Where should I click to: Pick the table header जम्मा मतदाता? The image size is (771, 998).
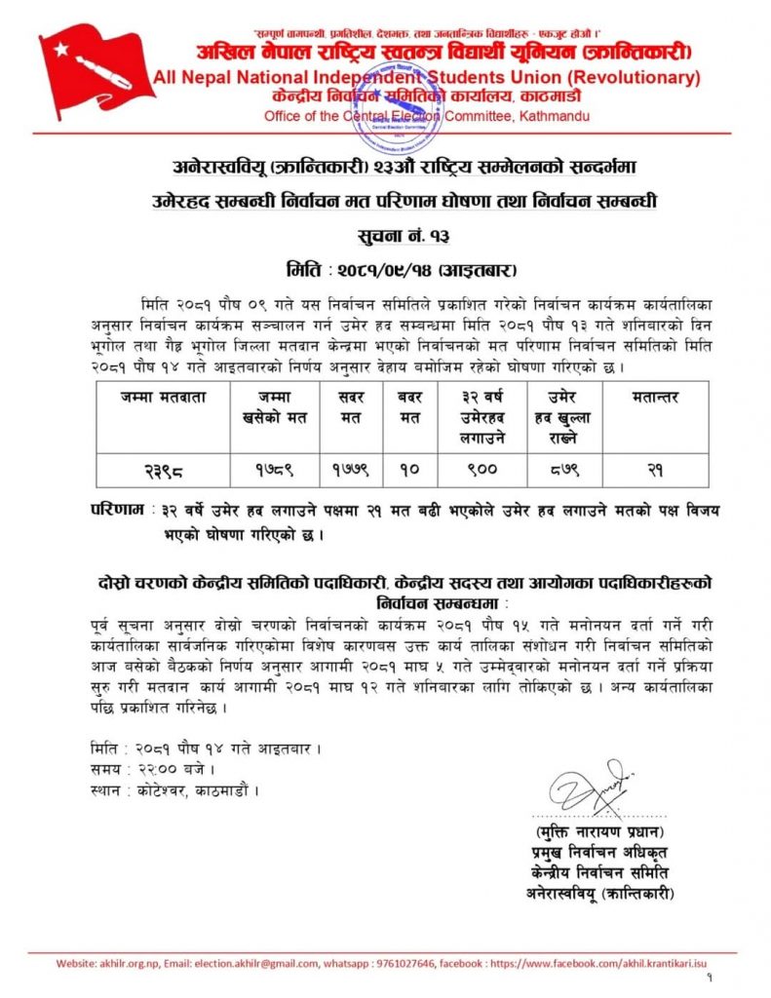pos(162,397)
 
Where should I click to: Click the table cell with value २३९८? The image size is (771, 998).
pos(162,468)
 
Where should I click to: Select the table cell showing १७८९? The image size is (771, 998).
pos(276,468)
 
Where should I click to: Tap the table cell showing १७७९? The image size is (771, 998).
pos(352,468)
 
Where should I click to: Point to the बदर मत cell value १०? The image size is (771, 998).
pos(409,468)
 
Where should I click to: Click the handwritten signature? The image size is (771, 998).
pos(586,786)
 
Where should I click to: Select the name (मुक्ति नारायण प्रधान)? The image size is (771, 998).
pos(598,832)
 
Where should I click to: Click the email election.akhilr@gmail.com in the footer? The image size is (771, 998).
pos(239,963)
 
